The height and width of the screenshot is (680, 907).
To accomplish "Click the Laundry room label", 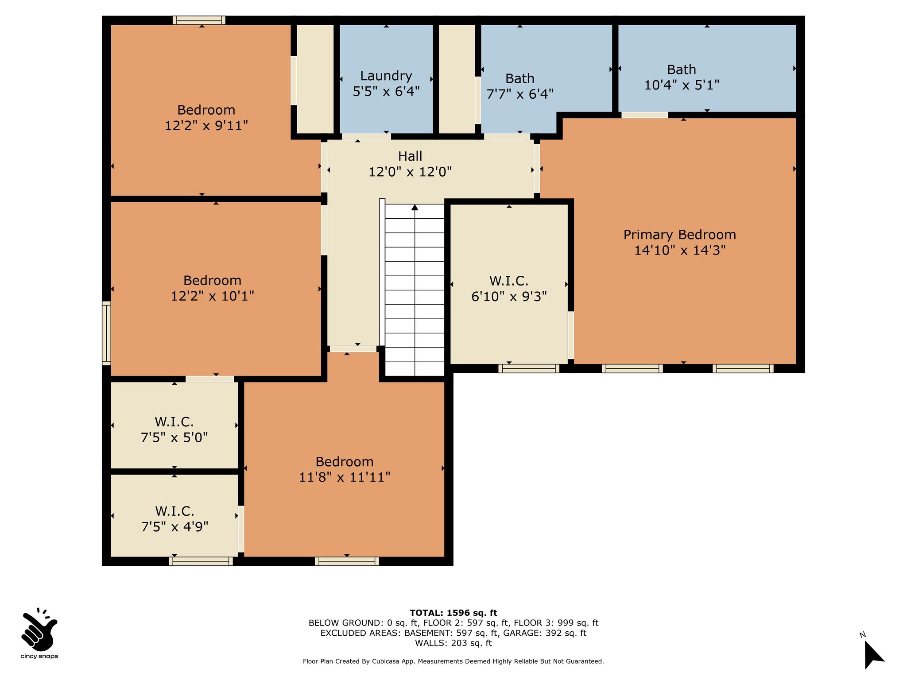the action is (386, 76).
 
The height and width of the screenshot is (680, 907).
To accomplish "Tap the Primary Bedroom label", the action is (680, 235).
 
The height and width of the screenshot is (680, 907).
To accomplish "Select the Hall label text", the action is (410, 156).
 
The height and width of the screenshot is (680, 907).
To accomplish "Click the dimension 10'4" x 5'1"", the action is (682, 85).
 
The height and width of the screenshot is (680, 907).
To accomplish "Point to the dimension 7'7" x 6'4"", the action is (520, 94).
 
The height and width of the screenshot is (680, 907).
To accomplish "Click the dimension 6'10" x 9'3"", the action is (509, 296).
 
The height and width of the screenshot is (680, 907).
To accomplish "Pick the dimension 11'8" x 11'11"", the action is (345, 477).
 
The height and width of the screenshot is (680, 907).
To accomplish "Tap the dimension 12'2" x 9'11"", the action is (206, 126).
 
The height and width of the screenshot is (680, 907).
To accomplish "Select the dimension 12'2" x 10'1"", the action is (213, 296).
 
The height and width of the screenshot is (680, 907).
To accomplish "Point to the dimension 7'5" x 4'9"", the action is (174, 527).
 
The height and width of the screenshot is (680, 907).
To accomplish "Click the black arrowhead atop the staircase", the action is (415, 207).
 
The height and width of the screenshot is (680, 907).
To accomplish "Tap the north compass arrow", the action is (874, 654).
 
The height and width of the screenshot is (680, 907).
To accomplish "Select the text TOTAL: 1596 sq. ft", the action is (453, 613).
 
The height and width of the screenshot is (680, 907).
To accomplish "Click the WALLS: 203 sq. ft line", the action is (453, 643).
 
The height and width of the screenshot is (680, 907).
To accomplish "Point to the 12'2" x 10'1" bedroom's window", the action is (106, 333).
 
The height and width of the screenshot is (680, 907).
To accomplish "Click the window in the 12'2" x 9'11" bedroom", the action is (199, 20).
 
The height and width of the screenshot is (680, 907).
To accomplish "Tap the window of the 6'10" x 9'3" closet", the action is (529, 368).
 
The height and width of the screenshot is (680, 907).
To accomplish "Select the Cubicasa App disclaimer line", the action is (453, 661).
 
